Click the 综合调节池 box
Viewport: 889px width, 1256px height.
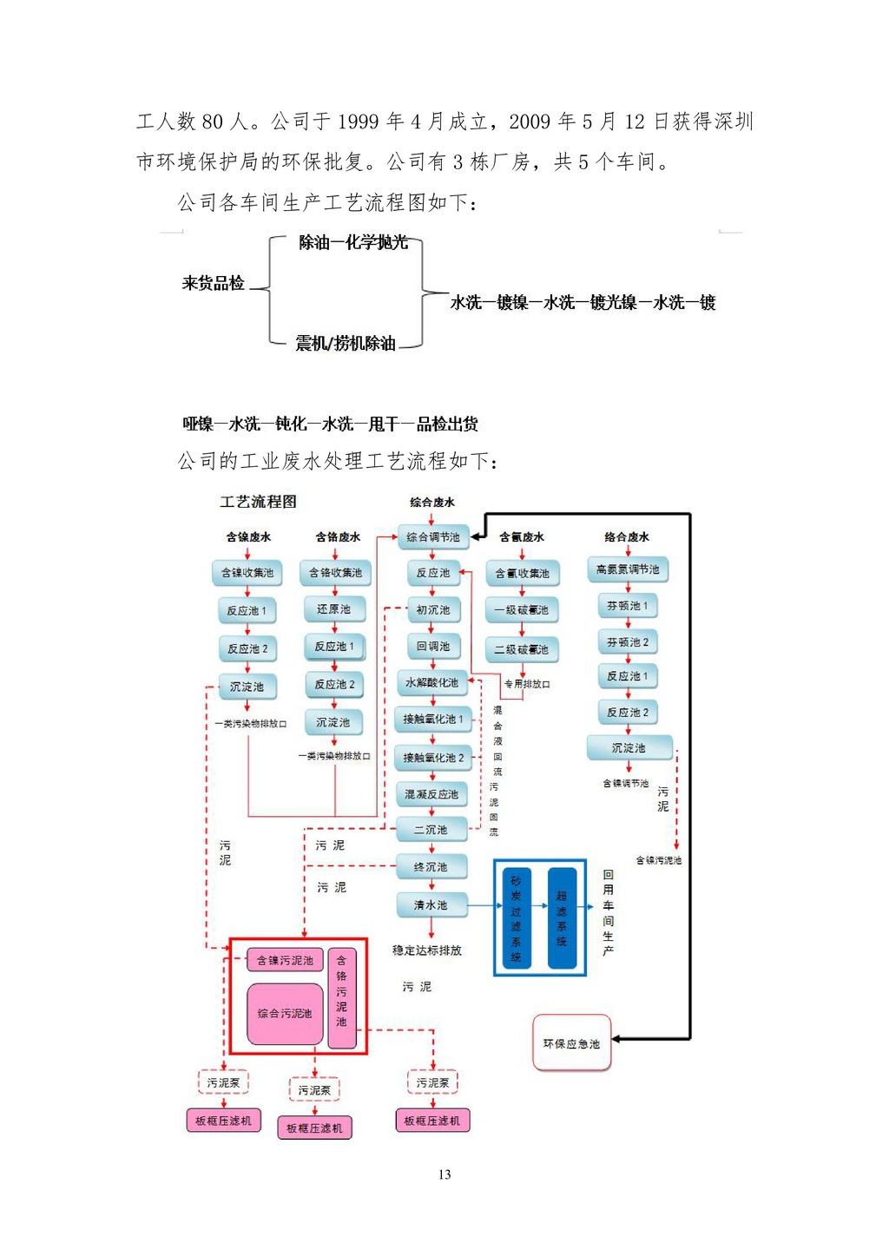click(x=433, y=537)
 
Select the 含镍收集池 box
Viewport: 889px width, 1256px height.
click(x=247, y=573)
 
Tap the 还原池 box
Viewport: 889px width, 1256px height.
click(x=334, y=609)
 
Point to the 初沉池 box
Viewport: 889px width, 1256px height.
click(x=433, y=610)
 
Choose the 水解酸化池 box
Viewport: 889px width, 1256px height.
click(x=432, y=683)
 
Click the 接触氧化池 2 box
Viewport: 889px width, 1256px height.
click(x=433, y=758)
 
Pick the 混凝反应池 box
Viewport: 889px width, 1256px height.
click(x=431, y=794)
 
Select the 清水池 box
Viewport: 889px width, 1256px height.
click(x=431, y=905)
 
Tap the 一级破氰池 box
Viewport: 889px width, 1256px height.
click(x=522, y=610)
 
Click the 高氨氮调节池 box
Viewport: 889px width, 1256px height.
click(x=628, y=570)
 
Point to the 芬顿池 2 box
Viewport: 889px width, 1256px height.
click(x=628, y=642)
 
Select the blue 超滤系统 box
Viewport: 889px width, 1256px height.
click(x=562, y=917)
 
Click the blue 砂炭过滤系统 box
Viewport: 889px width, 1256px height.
click(x=517, y=918)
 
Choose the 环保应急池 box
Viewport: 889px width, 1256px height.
click(x=571, y=1043)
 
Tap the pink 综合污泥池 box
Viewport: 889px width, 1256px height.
click(x=285, y=1013)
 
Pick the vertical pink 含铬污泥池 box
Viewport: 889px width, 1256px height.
click(x=342, y=996)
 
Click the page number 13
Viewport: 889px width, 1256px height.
click(x=444, y=1174)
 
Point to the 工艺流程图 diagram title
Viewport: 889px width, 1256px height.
click(x=258, y=502)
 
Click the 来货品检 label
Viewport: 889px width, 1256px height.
click(x=214, y=283)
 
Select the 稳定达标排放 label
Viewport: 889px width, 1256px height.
click(x=427, y=950)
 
